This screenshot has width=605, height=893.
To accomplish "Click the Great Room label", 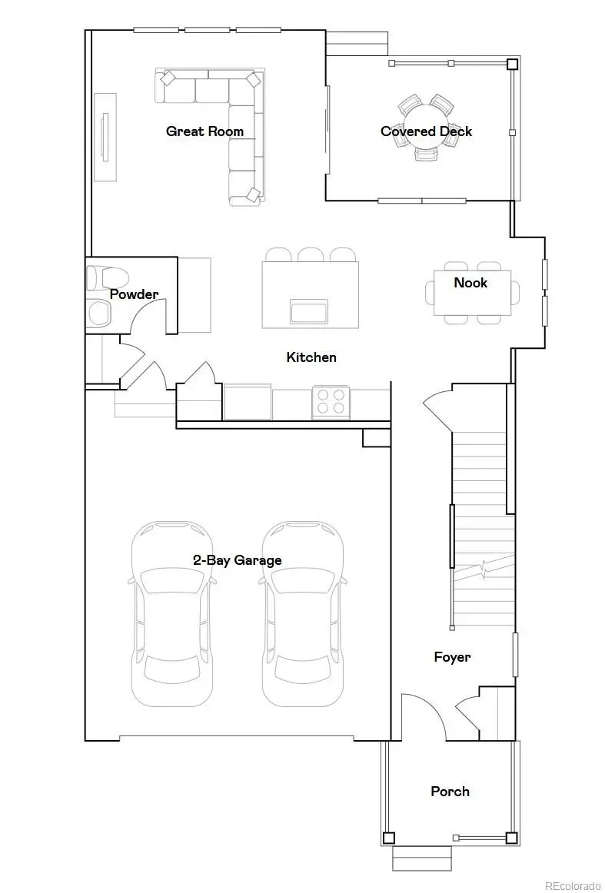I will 204,131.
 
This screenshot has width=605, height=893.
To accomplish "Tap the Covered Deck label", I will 426,131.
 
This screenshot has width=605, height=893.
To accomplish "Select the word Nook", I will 470,283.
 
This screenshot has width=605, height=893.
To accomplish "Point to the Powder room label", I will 134,294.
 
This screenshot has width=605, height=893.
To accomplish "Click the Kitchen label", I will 311,357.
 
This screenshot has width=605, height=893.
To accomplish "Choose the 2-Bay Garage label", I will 237,560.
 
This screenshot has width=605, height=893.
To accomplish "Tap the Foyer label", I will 452,657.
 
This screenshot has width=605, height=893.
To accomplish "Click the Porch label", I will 450,792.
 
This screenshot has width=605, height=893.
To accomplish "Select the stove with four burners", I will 331,403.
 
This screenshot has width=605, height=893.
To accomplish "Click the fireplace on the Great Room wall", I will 105,137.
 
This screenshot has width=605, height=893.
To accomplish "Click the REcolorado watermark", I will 573,885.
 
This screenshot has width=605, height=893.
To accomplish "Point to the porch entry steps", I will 422,858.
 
